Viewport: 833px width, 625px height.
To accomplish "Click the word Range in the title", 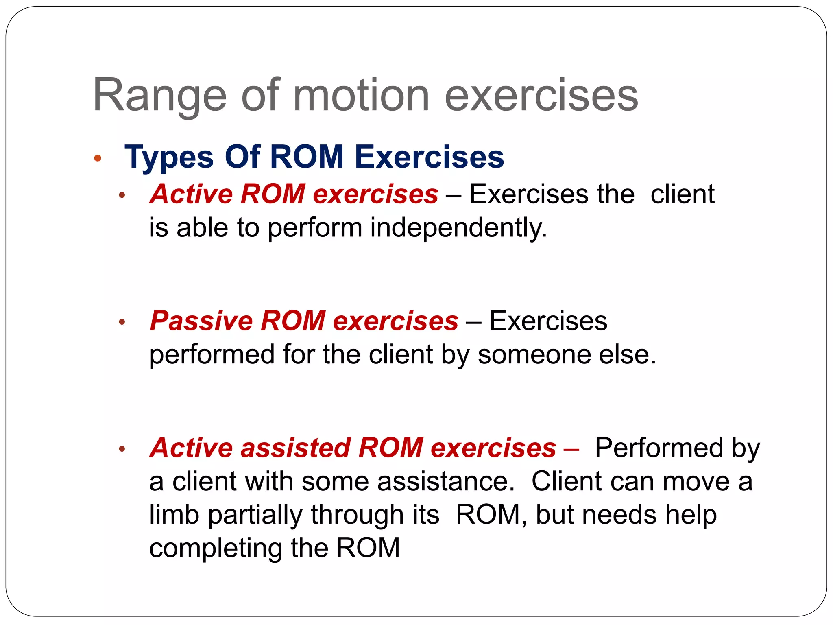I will click(x=159, y=96).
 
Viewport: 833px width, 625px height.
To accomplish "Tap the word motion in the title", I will click(x=361, y=95).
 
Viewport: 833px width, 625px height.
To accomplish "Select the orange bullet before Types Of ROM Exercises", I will click(x=97, y=158).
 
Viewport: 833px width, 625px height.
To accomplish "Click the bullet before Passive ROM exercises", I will click(x=122, y=323).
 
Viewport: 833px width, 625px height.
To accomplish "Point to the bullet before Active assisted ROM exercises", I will click(x=122, y=450).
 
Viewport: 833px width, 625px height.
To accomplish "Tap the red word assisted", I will click(x=296, y=448).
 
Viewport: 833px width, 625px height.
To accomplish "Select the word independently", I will click(x=458, y=228).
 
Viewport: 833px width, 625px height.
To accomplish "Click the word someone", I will click(x=534, y=354).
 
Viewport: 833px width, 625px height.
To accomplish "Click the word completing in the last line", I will click(x=216, y=549).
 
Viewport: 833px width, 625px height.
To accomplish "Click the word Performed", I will click(x=659, y=448).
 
